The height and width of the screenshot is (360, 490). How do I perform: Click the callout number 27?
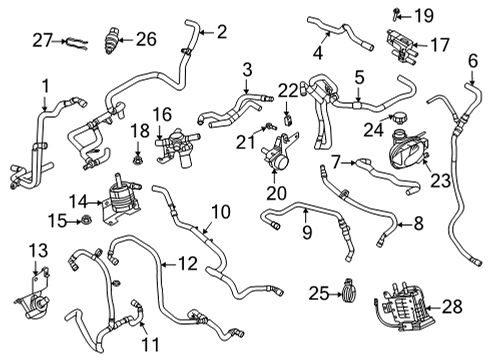point(41,40)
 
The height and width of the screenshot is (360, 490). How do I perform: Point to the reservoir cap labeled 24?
point(400,127)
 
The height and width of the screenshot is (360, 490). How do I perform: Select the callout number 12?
point(188,264)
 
